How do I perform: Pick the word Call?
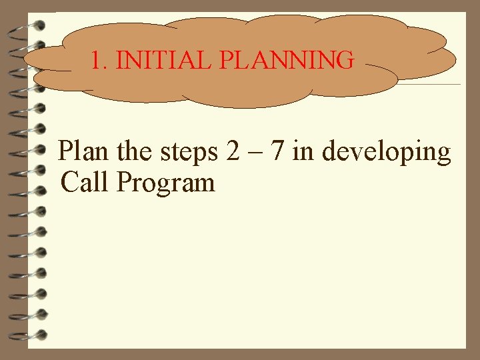click(x=85, y=182)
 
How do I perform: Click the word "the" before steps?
click(x=135, y=151)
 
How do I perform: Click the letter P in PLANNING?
click(x=225, y=61)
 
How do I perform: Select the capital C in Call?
click(x=69, y=182)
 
